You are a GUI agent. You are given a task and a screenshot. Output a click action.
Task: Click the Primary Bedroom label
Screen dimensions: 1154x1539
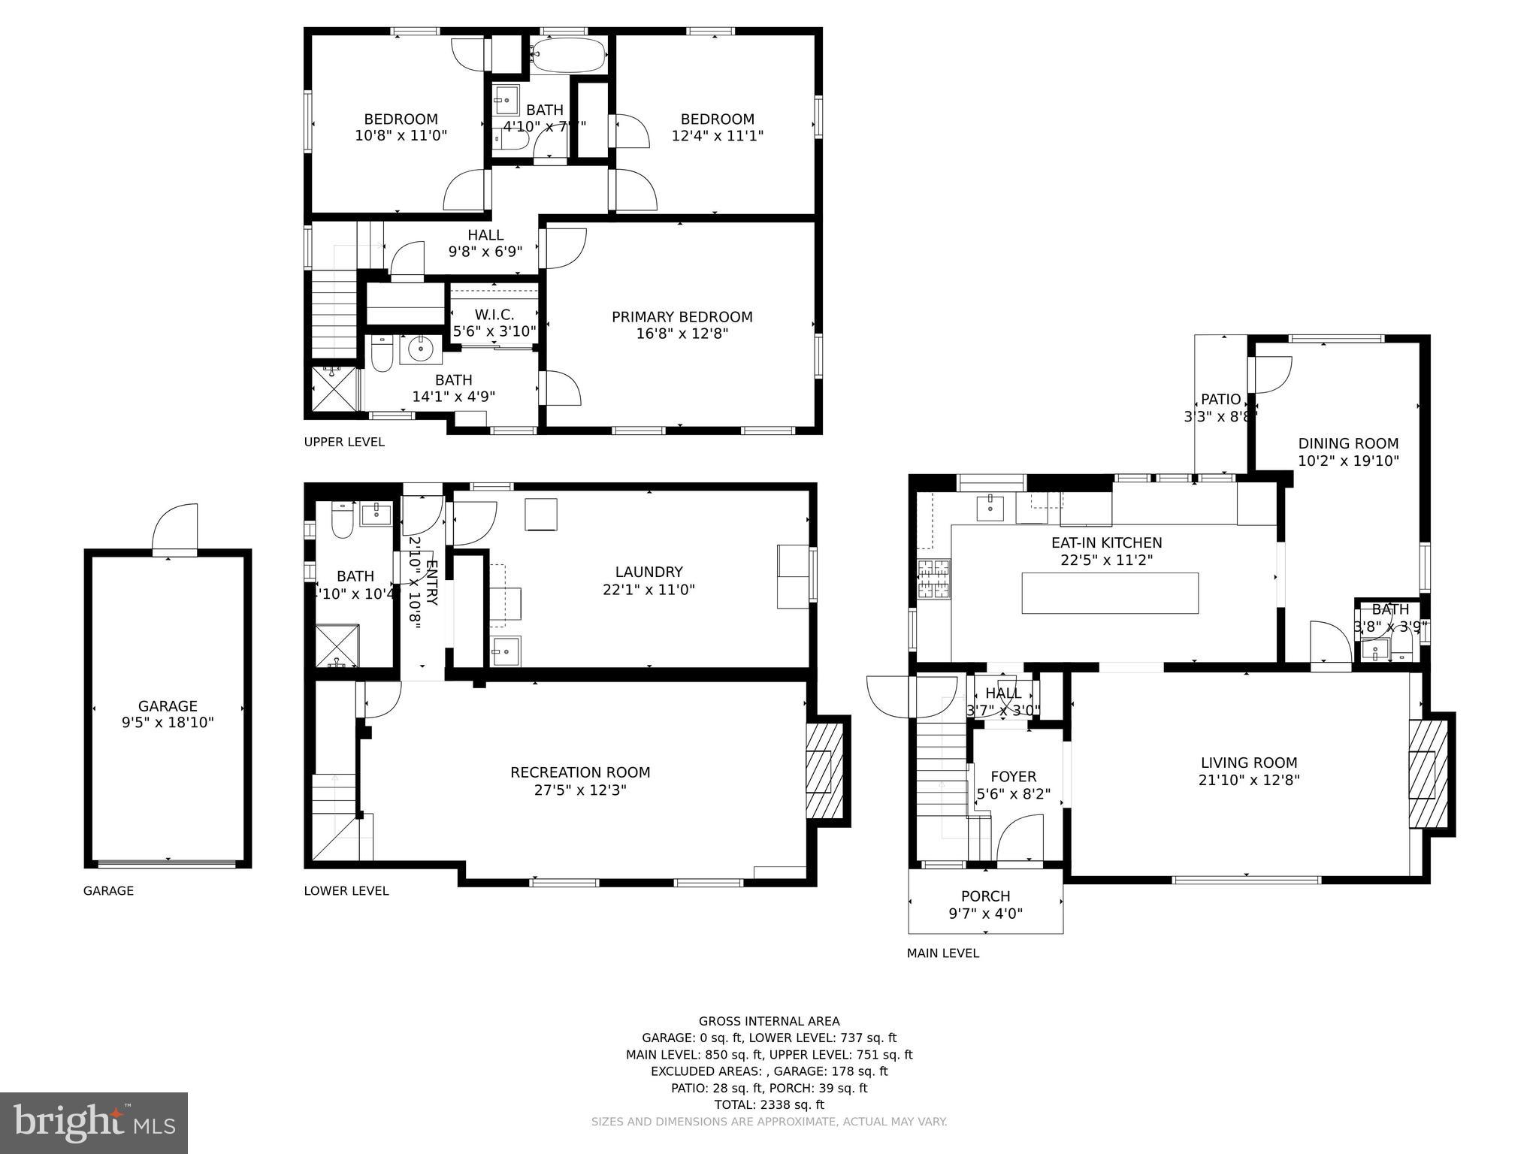[x=682, y=317]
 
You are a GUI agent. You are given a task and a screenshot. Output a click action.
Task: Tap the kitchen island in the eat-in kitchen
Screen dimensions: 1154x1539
[x=1109, y=593]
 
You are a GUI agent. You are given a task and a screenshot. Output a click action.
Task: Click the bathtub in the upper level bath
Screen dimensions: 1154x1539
[x=567, y=54]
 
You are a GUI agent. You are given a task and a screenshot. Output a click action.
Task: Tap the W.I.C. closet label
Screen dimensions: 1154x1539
[x=494, y=315]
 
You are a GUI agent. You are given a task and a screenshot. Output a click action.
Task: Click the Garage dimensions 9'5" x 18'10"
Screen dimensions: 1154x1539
[x=168, y=723]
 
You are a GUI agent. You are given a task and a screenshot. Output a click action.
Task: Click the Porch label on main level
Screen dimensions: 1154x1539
[x=985, y=896]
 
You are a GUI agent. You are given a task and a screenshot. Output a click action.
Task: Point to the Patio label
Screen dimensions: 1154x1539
[x=1220, y=399]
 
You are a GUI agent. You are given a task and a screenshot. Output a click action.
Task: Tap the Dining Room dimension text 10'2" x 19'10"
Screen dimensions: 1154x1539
[x=1348, y=461]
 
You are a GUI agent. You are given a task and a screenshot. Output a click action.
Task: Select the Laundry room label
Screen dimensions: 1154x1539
[x=649, y=572]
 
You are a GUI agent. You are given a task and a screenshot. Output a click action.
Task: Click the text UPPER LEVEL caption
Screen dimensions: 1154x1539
[x=344, y=442]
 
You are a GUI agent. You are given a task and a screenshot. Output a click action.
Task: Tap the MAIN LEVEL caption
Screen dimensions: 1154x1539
[x=942, y=953]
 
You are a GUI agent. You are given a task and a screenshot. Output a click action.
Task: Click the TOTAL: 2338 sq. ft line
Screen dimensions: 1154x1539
[x=769, y=1104]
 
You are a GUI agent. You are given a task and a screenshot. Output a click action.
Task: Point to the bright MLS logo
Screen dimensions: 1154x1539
[x=94, y=1122]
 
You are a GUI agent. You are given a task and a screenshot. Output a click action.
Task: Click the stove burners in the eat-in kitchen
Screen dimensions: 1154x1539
[x=933, y=579]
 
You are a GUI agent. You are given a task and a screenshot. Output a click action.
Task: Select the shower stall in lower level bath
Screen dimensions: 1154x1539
[x=336, y=645]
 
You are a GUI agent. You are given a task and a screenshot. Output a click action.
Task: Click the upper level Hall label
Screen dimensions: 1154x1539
[x=485, y=235]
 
